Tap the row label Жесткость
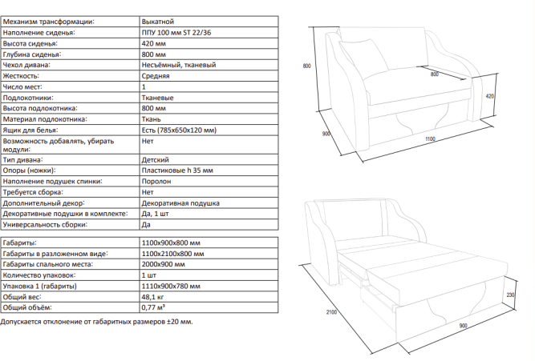21,75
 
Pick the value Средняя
155,75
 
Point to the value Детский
155,161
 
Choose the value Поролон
156,182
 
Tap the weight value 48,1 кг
153,296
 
